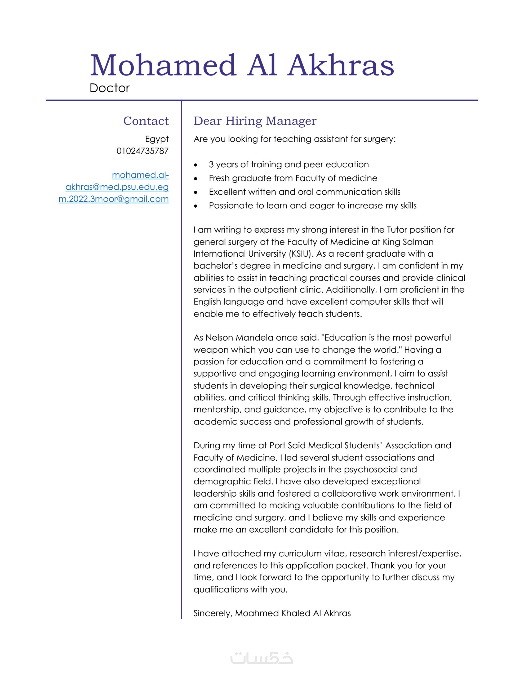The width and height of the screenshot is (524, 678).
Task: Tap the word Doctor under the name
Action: pyautogui.click(x=109, y=88)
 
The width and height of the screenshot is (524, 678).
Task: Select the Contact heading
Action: pyautogui.click(x=146, y=121)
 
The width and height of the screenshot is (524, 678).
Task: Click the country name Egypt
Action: pyautogui.click(x=157, y=139)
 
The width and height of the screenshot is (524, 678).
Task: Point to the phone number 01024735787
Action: pyautogui.click(x=142, y=151)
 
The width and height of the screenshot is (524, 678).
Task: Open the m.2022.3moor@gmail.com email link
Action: pyautogui.click(x=114, y=199)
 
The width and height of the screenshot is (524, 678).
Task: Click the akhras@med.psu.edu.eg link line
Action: pyautogui.click(x=117, y=187)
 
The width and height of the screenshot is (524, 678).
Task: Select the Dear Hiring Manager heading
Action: pyautogui.click(x=255, y=121)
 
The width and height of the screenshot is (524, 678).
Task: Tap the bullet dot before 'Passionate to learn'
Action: pyautogui.click(x=195, y=206)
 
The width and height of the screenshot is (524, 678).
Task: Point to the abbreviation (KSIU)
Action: pyautogui.click(x=300, y=254)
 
